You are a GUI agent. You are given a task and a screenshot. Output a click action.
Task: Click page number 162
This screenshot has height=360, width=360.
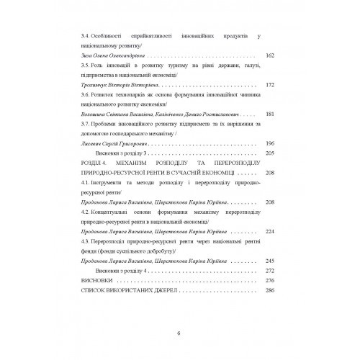click(270, 55)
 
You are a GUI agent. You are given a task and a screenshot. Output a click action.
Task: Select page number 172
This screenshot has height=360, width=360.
click(270, 84)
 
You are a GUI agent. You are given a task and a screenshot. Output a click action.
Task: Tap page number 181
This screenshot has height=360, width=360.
click(270, 114)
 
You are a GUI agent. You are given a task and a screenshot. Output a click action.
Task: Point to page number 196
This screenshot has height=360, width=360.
click(270, 143)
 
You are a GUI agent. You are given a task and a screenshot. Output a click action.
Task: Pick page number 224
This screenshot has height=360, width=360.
click(270, 233)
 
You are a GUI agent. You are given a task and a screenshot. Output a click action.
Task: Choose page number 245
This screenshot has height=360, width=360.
click(270, 261)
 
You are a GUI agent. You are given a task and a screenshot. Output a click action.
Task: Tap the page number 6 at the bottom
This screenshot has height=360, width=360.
click(179, 332)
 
